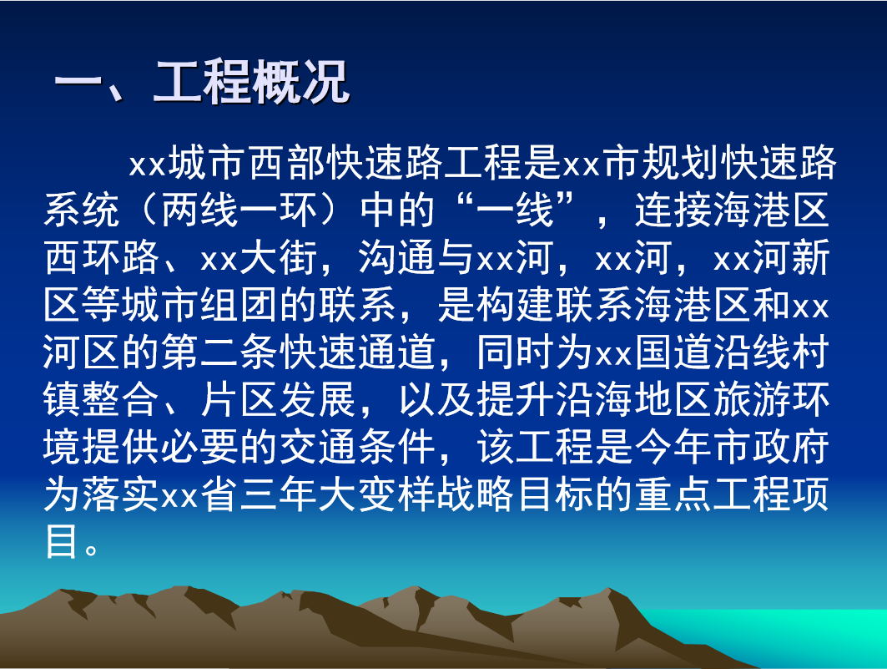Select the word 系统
82,210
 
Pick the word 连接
673,210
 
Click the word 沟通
397,258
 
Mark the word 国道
673,352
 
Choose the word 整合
101,399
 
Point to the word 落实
121,494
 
